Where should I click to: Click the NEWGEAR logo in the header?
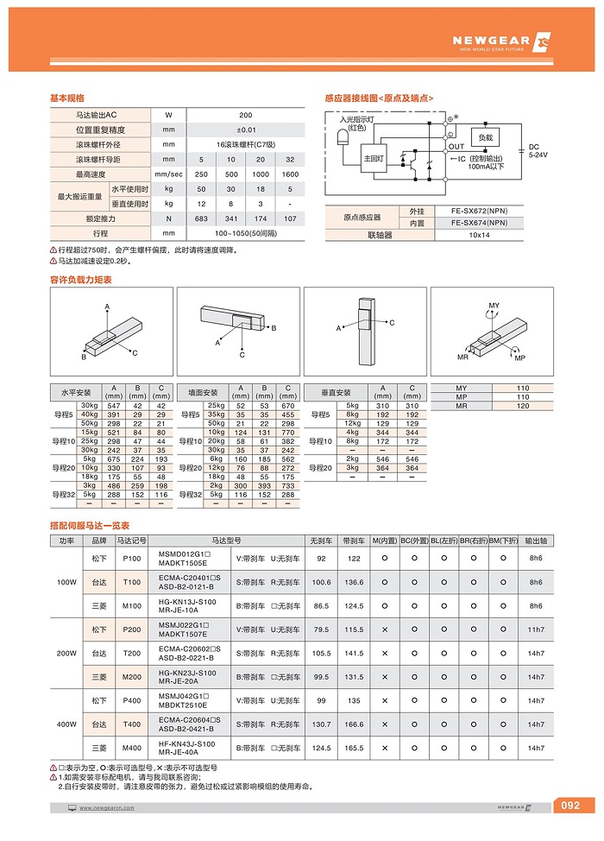500,41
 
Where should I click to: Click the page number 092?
570,806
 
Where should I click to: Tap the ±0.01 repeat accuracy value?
245,130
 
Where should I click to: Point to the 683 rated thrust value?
201,218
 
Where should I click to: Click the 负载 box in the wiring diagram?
486,137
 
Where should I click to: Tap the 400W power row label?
66,724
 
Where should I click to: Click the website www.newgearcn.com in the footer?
106,808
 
